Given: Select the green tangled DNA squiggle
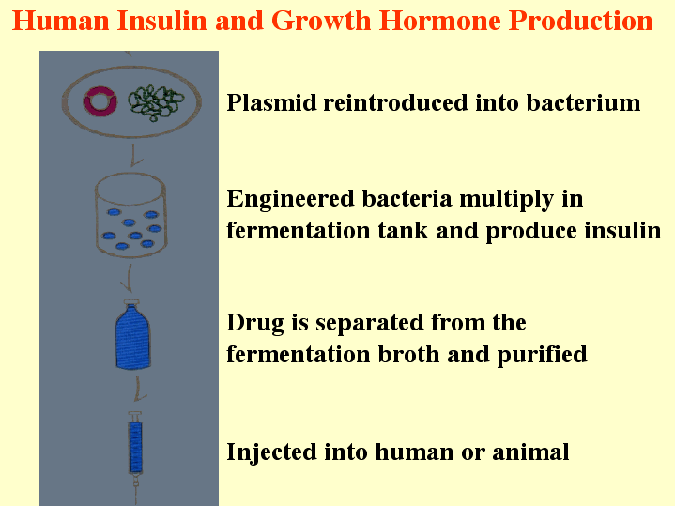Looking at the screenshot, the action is coord(156,102).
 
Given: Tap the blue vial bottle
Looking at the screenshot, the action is coord(133,337).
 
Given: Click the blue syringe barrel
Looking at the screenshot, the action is coord(135,447).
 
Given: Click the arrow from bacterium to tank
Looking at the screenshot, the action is coord(134,156).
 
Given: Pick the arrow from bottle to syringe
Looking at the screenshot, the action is coord(139,389).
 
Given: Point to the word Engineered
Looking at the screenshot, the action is coord(291,200).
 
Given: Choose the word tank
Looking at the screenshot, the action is coord(403,230).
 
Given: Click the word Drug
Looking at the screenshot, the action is coord(255,324).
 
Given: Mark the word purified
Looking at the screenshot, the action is coord(542,356).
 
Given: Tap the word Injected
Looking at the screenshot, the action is coord(271,453).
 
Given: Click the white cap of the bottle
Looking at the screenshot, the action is coord(131,302).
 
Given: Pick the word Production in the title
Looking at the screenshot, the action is coord(581,21).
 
